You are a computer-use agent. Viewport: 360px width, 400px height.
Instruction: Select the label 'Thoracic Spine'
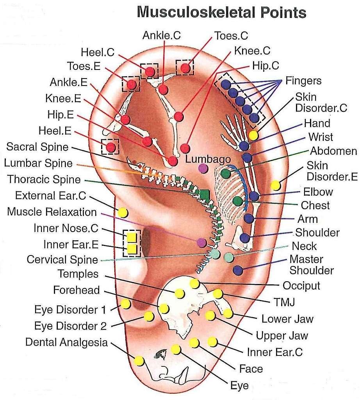[x=44, y=180]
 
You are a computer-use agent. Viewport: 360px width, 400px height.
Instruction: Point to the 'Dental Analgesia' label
[x=66, y=342]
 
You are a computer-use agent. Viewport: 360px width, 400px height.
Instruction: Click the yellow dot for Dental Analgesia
[x=139, y=361]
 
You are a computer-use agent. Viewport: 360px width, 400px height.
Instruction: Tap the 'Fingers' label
[x=303, y=81]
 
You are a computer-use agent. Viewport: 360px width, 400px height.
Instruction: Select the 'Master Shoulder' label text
[x=311, y=265]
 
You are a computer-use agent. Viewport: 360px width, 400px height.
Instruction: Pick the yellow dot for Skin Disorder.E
[x=276, y=185]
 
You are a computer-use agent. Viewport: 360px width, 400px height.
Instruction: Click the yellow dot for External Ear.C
[x=123, y=212]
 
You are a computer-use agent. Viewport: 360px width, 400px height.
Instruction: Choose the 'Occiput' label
[x=301, y=286]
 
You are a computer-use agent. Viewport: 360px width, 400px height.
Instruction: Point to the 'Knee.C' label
[x=252, y=51]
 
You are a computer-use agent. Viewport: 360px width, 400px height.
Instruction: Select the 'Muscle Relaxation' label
[x=52, y=212]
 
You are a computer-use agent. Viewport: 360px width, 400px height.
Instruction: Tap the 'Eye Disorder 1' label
[x=70, y=310]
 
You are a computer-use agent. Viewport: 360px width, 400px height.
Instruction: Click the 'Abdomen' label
[x=333, y=151]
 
